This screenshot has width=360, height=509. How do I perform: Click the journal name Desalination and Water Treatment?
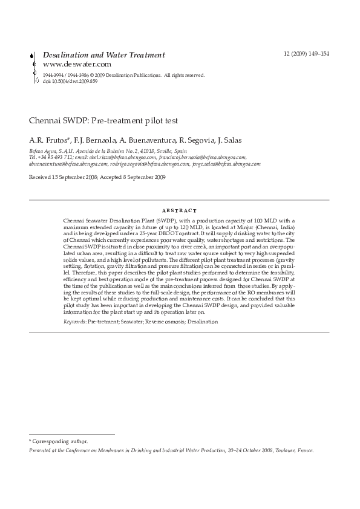(103, 54)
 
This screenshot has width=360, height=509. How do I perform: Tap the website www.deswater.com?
(77, 63)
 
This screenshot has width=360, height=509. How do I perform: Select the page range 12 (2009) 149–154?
(306, 54)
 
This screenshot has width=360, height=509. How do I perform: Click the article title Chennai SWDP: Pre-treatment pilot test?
(103, 121)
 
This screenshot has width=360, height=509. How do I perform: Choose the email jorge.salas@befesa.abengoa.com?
(226, 163)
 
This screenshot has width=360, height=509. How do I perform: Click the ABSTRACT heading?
(179, 211)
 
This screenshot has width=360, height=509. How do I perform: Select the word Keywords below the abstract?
(74, 322)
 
